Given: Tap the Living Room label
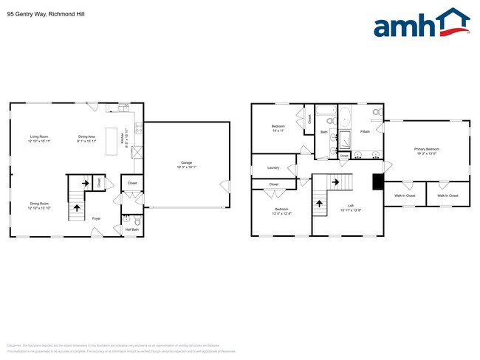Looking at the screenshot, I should (x=39, y=136).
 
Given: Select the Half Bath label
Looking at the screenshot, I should (x=134, y=229).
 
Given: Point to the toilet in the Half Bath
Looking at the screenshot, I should (x=137, y=220).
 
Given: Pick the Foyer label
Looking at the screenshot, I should (x=97, y=218).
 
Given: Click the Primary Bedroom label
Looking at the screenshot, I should (x=426, y=150).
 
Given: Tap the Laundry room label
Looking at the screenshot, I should (x=272, y=168).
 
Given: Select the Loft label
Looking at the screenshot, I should (x=352, y=206).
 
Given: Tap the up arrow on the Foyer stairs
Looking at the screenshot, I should (x=77, y=208).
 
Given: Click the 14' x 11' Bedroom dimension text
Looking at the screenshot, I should (x=278, y=131).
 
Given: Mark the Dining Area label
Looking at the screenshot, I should (x=86, y=136).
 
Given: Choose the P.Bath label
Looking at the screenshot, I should (x=365, y=132).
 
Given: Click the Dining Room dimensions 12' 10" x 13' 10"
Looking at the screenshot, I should (x=40, y=208).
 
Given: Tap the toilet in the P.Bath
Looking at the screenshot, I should (x=376, y=113).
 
